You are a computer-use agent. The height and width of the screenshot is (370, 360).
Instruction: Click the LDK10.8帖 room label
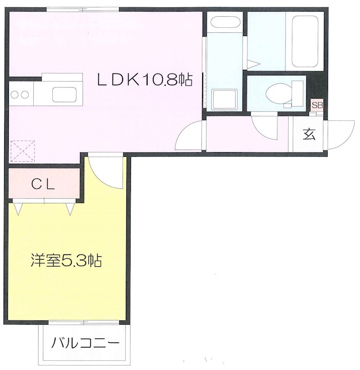click(x=144, y=80)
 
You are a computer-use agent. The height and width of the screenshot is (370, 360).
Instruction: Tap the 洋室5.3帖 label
click(x=66, y=261)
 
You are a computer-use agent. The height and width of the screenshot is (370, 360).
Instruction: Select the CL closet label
click(x=43, y=185)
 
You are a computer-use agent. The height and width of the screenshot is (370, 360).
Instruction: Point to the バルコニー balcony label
click(x=86, y=344)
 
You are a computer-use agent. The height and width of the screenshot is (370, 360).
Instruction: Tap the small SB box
click(x=317, y=105)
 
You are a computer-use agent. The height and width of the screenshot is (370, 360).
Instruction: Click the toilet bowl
click(x=277, y=92)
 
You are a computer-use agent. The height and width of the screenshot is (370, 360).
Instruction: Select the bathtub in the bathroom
click(x=304, y=41)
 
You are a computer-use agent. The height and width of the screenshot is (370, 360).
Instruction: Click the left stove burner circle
click(x=14, y=95)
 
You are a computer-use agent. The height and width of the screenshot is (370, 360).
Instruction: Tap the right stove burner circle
click(x=24, y=95)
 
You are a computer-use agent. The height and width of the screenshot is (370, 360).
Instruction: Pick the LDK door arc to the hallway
click(x=189, y=136)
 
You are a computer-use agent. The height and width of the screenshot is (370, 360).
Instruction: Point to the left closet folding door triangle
click(x=19, y=209)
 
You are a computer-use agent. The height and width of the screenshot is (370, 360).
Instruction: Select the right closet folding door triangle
click(x=70, y=209)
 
